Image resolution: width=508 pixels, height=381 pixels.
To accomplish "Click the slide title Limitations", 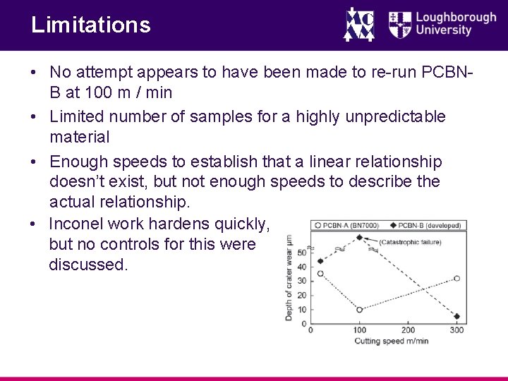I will pos(90,25).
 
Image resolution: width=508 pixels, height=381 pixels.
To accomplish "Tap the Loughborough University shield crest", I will pos(400,24).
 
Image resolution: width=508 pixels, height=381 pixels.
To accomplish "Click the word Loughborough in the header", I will pos(456,18).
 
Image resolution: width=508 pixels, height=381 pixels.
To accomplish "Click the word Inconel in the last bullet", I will pos(75,224).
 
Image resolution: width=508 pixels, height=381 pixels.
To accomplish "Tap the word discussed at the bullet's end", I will pos(89,265).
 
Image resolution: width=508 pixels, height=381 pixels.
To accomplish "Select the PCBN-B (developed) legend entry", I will pos(425,226).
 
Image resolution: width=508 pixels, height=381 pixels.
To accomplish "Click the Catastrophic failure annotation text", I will pos(410,242).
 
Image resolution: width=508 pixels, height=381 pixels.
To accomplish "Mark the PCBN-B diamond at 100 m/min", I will pos(359,238).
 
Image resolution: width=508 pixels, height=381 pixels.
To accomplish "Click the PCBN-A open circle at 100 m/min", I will pos(359,310).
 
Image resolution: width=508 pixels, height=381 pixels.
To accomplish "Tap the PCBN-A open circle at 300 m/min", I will pos(457,279).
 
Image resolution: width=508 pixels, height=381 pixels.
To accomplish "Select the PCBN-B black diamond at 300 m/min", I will pos(457,317).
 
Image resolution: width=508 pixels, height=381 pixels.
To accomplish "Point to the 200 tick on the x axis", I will pos(408,330).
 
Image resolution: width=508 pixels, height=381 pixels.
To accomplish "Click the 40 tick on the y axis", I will pos(302,267).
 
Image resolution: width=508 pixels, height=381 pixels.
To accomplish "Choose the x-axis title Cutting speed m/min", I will pos(391,341).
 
